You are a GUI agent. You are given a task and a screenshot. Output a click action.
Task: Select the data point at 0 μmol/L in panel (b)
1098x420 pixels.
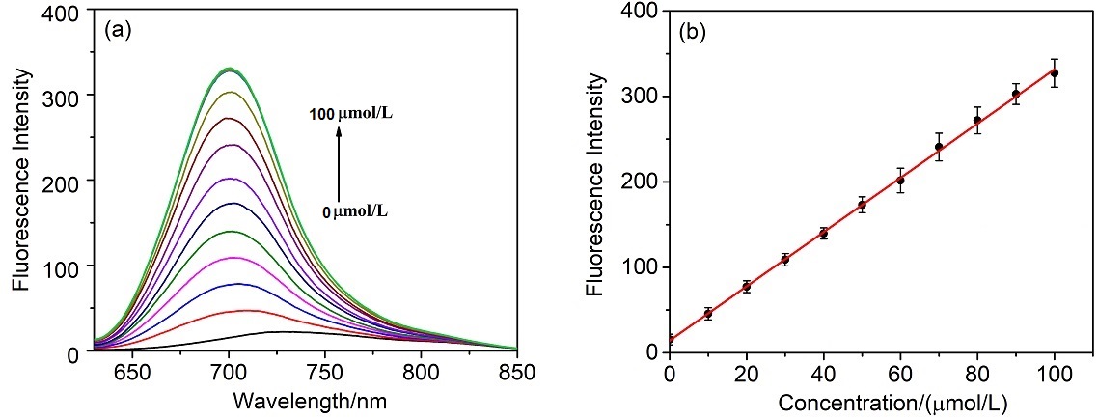[x=670, y=340]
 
